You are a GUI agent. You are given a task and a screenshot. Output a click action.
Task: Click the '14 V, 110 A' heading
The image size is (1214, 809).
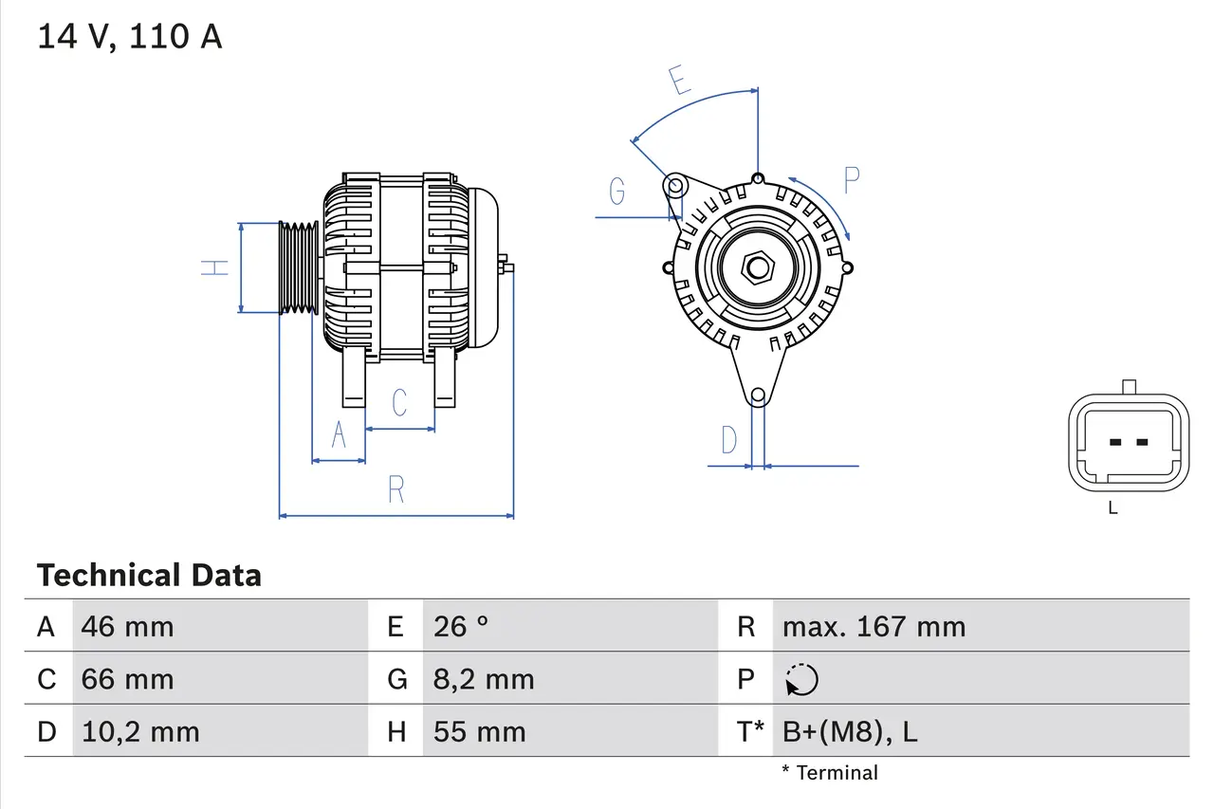coord(130,37)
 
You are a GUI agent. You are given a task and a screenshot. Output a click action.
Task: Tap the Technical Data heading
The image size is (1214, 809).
coord(149,576)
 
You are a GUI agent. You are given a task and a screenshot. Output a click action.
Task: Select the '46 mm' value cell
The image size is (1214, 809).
coord(127,626)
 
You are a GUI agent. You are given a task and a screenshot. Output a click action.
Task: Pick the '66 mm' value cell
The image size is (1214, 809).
coord(127,679)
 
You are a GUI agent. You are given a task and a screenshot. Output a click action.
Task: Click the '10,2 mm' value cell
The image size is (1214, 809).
coord(140,731)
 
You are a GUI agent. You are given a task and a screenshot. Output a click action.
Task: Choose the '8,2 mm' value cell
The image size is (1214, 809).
coord(484,679)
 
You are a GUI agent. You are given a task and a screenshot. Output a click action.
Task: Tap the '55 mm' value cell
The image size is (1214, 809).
coord(479,731)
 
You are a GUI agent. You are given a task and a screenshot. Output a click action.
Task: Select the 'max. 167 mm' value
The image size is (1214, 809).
coord(874,626)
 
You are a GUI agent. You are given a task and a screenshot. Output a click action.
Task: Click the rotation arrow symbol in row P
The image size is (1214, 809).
coord(801,679)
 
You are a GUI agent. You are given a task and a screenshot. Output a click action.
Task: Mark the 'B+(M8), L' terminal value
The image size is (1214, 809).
coord(849,731)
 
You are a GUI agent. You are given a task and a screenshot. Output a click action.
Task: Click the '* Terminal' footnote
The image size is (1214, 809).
coord(830,773)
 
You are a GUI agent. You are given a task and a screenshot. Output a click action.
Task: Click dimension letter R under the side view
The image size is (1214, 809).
coord(396,490)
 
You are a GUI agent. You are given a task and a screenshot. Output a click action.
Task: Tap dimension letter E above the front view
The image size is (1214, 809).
coord(679,82)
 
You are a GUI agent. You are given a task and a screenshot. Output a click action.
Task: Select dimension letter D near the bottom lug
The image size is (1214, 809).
coord(728,440)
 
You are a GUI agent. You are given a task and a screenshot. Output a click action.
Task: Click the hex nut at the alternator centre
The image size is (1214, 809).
coord(757,267)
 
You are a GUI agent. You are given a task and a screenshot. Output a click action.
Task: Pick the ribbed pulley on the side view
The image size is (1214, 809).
coord(298,267)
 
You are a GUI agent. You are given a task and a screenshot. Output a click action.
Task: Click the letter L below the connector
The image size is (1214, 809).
coord(1113,508)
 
